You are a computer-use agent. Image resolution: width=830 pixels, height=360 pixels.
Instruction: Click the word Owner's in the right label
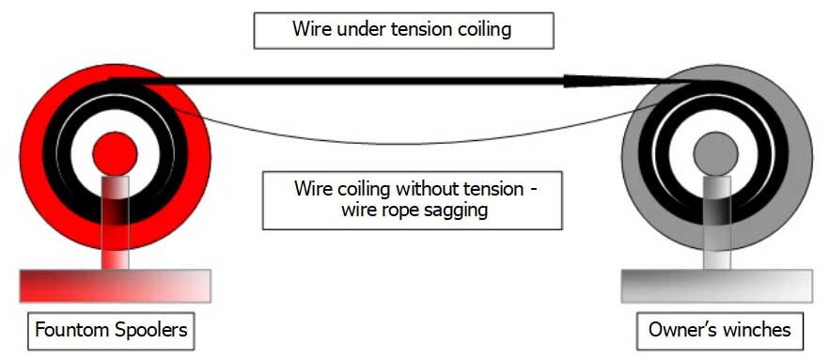click(683, 331)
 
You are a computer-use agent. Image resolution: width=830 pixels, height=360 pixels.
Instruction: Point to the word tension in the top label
click(420, 29)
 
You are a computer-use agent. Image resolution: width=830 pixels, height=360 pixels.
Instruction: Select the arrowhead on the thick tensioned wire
click(584, 82)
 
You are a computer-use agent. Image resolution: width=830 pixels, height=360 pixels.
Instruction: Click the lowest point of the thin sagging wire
click(414, 144)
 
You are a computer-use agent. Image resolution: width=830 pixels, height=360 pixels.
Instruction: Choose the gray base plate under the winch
click(716, 285)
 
